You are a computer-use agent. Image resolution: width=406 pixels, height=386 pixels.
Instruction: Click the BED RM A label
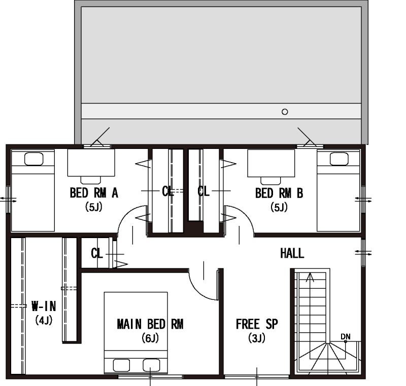click(94, 192)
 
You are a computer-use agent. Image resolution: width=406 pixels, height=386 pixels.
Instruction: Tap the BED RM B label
click(279, 194)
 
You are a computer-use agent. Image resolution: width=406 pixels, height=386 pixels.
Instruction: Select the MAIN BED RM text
click(150, 324)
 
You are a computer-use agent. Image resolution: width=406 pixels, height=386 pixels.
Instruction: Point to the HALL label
click(292, 253)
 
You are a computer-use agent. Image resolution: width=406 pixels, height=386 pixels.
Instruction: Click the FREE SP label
click(257, 324)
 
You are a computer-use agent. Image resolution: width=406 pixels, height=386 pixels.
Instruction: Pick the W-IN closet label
click(44, 306)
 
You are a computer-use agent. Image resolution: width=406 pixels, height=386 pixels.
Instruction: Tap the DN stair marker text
click(346, 337)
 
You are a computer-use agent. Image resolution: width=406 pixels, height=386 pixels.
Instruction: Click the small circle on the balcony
click(285, 112)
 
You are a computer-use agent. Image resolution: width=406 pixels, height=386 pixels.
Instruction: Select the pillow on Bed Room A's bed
click(33, 159)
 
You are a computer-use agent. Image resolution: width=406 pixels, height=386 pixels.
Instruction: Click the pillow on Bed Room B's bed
click(339, 159)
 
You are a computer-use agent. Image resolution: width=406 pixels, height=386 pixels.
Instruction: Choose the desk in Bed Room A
click(91, 163)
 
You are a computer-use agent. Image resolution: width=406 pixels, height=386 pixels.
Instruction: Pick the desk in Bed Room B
click(271, 163)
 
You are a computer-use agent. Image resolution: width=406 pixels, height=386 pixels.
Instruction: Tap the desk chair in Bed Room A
click(91, 180)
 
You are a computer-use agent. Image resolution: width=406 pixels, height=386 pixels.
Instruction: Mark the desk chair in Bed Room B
click(270, 181)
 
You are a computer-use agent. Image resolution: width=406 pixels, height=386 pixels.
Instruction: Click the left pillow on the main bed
click(121, 366)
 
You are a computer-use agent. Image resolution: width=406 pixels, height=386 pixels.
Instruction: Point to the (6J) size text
click(150, 338)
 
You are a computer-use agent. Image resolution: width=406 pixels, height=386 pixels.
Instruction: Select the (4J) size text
click(44, 320)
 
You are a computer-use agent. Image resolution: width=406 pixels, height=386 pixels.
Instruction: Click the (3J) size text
click(257, 338)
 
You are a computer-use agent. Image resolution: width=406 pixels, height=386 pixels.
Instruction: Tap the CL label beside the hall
click(97, 253)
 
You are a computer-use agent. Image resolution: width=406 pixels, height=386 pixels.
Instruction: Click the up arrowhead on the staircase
click(310, 277)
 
